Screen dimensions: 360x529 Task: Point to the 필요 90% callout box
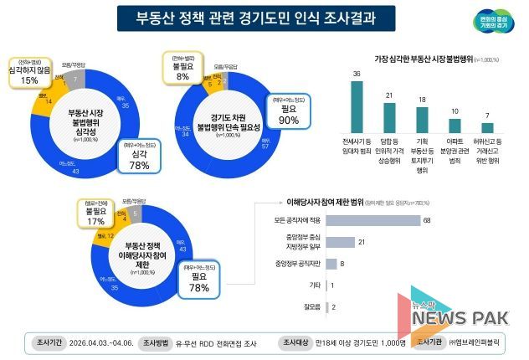289,113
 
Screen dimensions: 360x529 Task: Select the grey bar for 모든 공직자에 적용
372,221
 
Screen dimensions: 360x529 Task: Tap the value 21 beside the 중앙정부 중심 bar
362,243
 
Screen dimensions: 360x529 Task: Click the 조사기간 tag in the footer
45,343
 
